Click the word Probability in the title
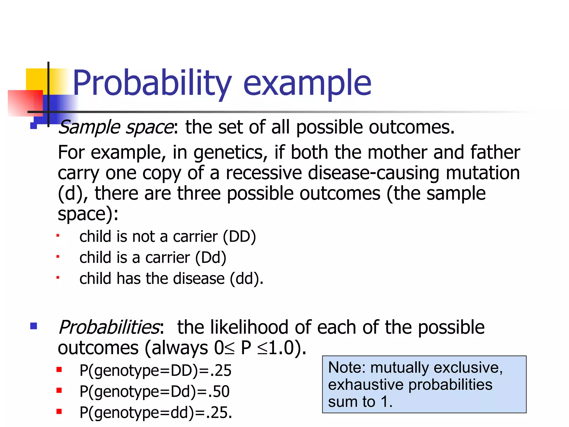[x=152, y=83]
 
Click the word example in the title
[x=307, y=83]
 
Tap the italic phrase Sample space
[x=116, y=127]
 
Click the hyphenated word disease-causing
[x=373, y=173]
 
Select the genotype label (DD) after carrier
[x=239, y=237]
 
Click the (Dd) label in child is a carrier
[x=211, y=258]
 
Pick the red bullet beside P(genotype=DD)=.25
[x=59, y=370]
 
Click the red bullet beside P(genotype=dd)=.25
[x=59, y=411]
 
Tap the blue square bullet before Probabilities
[x=34, y=326]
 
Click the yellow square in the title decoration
[x=36, y=79]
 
